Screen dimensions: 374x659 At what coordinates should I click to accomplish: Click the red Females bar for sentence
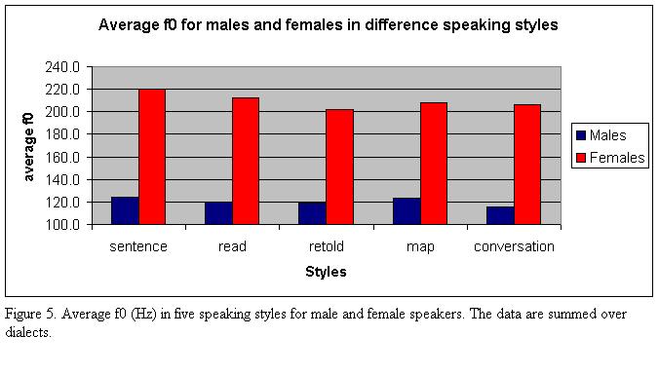(152, 157)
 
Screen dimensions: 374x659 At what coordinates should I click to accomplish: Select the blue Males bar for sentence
(125, 210)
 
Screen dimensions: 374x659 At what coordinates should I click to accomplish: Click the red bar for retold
(339, 167)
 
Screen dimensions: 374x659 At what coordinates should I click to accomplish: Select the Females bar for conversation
(527, 164)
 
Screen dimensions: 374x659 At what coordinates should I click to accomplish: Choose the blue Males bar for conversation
(500, 215)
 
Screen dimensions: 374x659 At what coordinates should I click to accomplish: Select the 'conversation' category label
(514, 246)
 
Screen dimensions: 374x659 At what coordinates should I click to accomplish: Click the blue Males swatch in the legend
(581, 135)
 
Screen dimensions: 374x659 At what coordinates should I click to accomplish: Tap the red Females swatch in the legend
(581, 158)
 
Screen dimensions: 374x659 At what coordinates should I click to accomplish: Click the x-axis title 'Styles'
(326, 272)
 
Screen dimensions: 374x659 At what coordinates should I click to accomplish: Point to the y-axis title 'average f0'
(30, 146)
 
